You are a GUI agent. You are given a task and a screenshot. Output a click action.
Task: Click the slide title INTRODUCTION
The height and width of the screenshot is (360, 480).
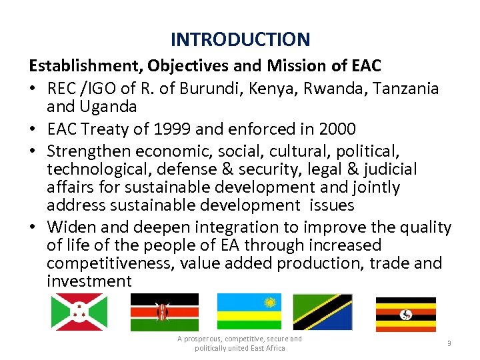(x=240, y=39)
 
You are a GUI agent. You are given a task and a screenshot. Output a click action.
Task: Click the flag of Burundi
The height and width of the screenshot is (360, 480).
(x=79, y=312)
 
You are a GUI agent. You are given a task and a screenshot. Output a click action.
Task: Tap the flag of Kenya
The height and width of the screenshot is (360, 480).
(x=164, y=312)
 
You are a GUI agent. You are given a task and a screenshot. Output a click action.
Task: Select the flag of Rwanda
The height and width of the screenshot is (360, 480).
(x=249, y=312)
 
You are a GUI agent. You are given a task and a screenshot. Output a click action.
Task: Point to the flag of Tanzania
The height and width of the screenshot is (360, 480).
(x=323, y=312)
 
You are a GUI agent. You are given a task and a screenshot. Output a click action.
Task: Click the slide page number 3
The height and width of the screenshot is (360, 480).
(x=449, y=343)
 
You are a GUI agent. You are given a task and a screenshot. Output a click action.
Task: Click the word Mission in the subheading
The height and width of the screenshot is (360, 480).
(x=239, y=66)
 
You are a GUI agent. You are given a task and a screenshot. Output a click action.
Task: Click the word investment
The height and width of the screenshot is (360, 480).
(x=89, y=281)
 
